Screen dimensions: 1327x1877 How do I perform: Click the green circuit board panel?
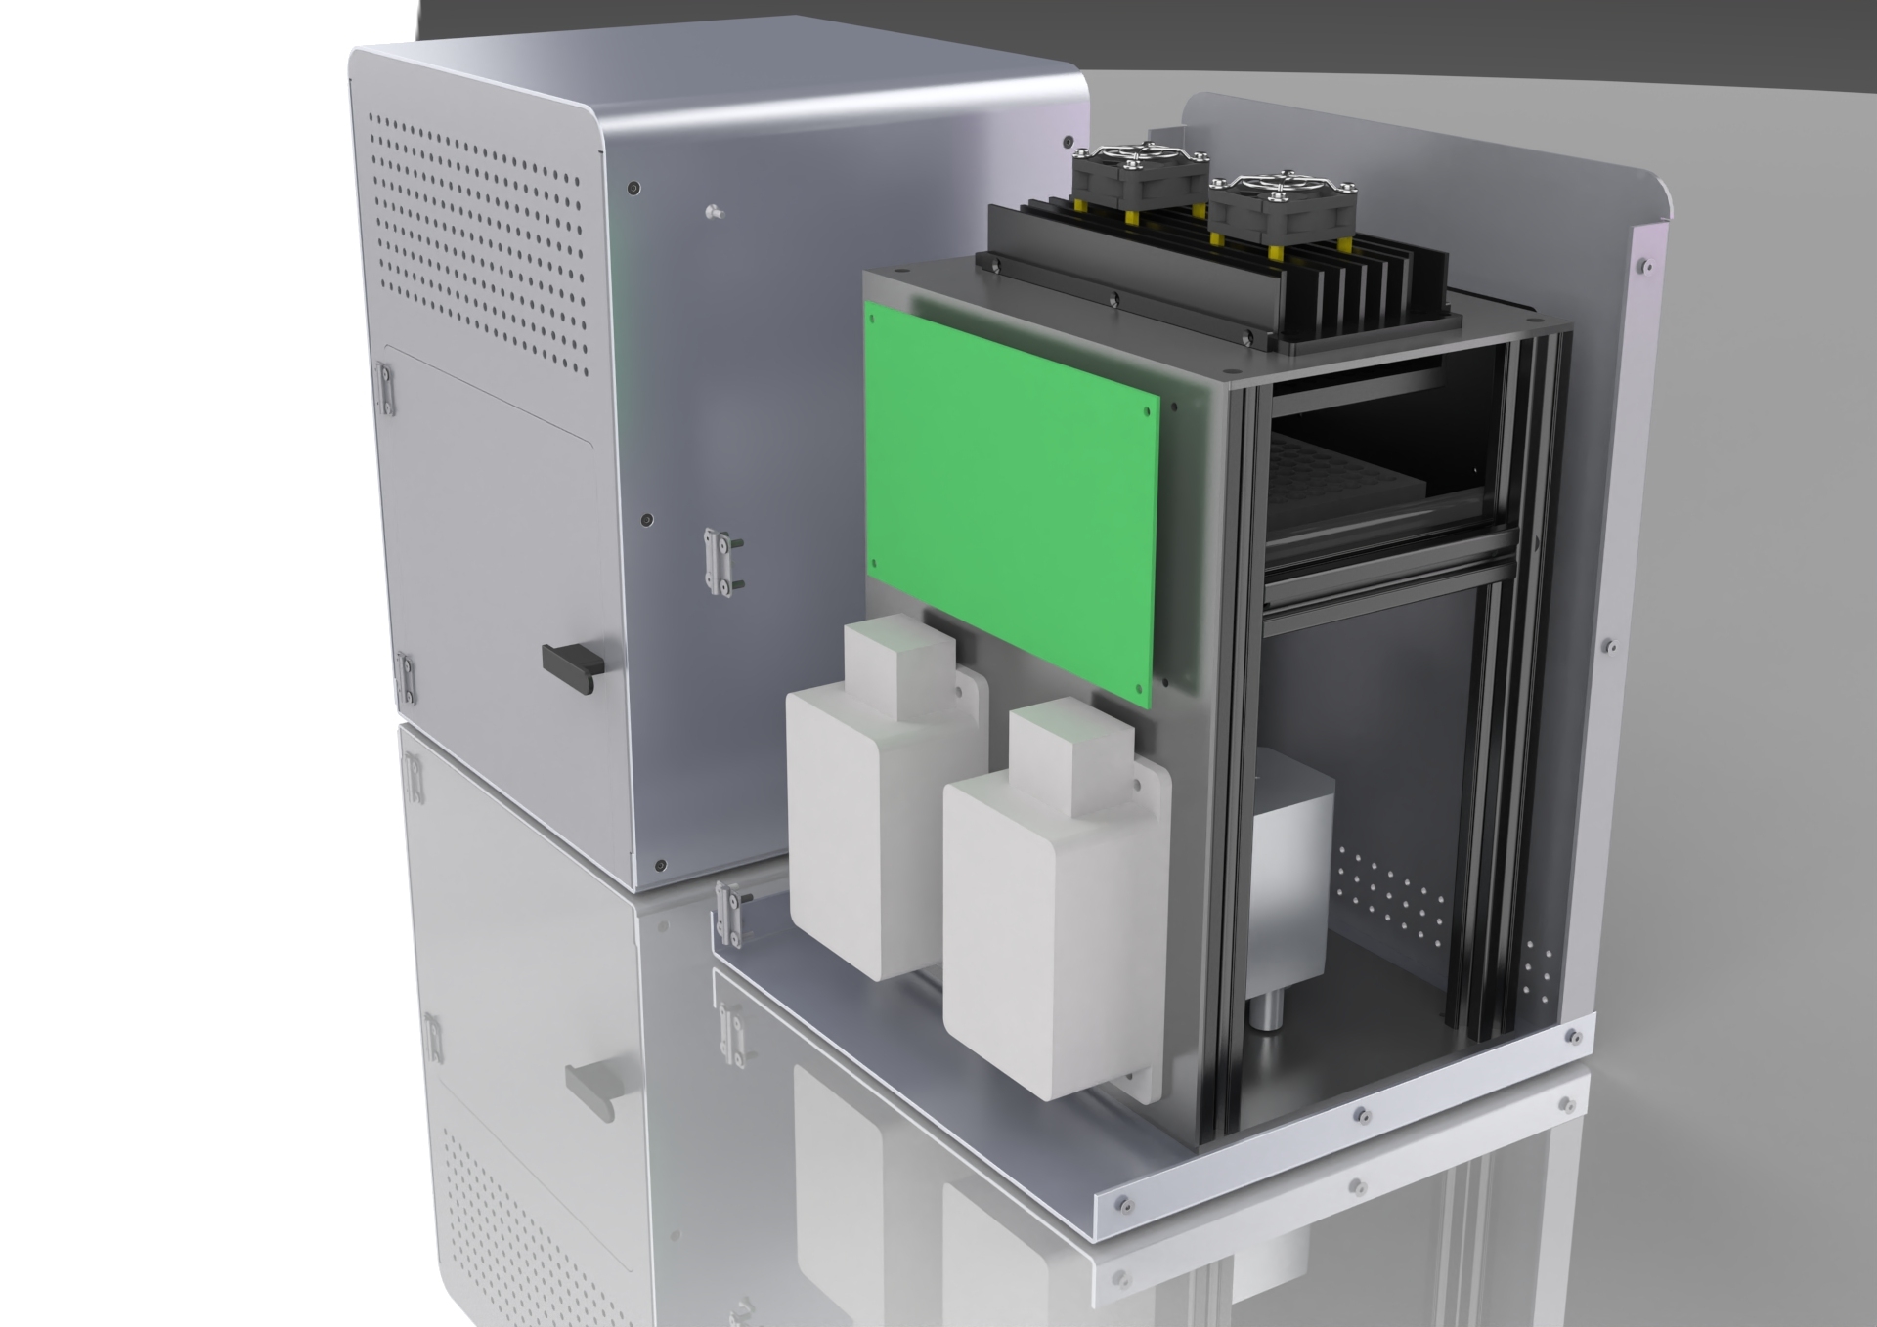[1012, 498]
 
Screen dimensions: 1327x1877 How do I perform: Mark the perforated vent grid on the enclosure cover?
[479, 244]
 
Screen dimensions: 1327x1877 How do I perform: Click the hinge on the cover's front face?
[720, 562]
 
